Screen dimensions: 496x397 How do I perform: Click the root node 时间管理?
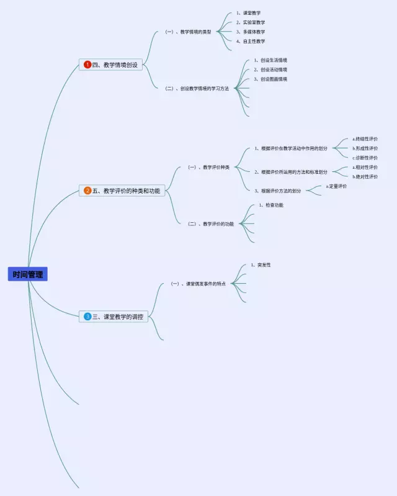pyautogui.click(x=28, y=274)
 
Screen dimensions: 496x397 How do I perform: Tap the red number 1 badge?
pyautogui.click(x=87, y=65)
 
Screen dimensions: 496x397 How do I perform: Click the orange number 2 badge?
pyautogui.click(x=87, y=191)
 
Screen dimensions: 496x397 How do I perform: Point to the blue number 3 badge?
pyautogui.click(x=87, y=317)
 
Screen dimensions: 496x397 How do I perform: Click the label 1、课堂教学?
pyautogui.click(x=248, y=13)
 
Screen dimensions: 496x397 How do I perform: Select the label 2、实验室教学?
pyautogui.click(x=250, y=22)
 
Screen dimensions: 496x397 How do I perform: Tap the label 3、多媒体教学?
pyautogui.click(x=250, y=32)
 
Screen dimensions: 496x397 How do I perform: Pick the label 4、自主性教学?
pyautogui.click(x=250, y=41)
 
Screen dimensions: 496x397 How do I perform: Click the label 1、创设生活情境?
pyautogui.click(x=270, y=60)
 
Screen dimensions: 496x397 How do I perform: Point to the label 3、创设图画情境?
pyautogui.click(x=270, y=79)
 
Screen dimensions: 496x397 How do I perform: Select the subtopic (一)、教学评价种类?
pyautogui.click(x=208, y=167)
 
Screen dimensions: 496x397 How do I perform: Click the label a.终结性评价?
pyautogui.click(x=365, y=139)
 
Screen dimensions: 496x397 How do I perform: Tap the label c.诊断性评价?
pyautogui.click(x=365, y=158)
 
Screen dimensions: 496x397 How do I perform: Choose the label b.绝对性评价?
pyautogui.click(x=365, y=176)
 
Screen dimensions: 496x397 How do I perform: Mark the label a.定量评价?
pyautogui.click(x=336, y=186)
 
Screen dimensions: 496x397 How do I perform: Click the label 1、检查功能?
pyautogui.click(x=271, y=205)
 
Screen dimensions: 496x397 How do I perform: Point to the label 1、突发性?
pyautogui.click(x=261, y=265)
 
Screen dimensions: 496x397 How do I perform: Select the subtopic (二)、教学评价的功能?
pyautogui.click(x=211, y=223)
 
